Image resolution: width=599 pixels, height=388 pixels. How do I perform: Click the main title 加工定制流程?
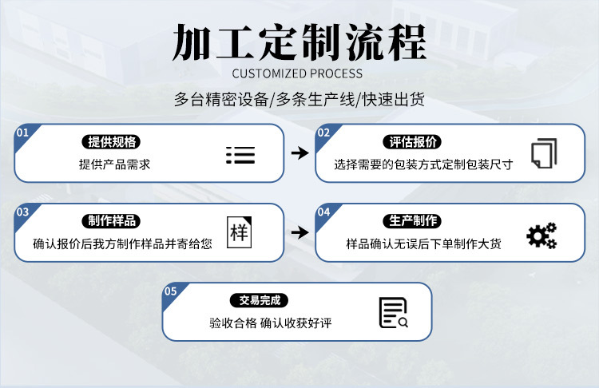pos(299,41)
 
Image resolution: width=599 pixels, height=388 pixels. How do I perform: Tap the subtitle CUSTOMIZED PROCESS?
pos(299,73)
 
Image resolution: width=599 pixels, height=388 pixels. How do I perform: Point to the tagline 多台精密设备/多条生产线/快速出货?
pos(299,100)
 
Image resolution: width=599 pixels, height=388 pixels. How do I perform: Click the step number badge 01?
pos(22,132)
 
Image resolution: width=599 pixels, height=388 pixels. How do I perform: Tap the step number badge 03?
pos(22,212)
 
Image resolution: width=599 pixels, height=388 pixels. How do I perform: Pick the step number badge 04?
pos(323,212)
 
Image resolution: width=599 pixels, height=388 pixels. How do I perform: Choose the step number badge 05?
pos(170,291)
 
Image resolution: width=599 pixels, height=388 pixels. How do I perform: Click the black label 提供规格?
pos(113,142)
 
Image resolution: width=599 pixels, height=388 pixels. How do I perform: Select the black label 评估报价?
pos(413,142)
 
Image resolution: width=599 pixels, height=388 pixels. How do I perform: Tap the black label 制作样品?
pos(113,221)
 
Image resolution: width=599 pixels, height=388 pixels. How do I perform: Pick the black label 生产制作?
pos(413,221)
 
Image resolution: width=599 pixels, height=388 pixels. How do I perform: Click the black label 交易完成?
pos(263,301)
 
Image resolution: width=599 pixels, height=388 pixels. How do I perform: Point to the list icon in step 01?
pos(240,155)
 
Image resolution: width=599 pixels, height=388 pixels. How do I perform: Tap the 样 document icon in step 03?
pos(239,233)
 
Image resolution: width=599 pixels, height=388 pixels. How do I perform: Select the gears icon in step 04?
pos(541,235)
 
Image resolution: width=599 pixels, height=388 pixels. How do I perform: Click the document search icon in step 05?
pos(393,313)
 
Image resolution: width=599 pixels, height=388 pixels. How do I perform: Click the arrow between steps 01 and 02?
pos(299,152)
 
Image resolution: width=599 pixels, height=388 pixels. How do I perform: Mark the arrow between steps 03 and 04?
pos(299,232)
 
